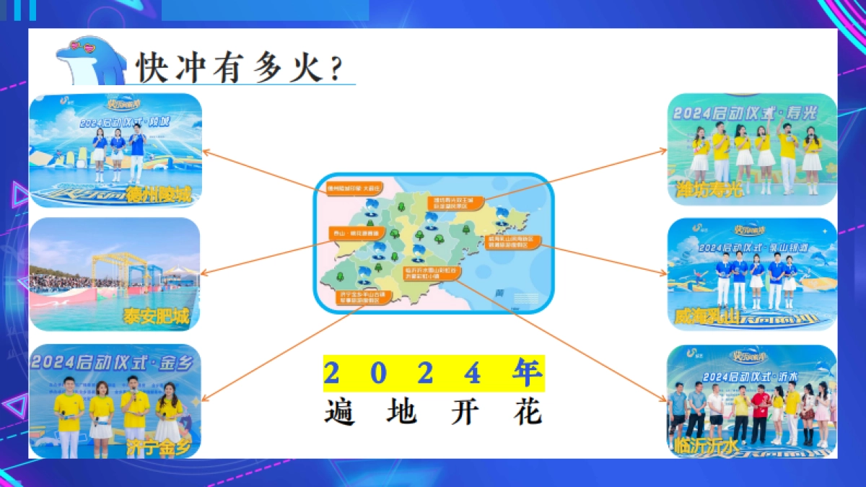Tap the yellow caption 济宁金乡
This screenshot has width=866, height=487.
(x=159, y=445)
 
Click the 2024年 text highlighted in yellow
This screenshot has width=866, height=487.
(x=433, y=373)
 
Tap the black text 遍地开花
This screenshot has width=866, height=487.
(x=433, y=413)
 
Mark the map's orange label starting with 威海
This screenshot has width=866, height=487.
(x=514, y=242)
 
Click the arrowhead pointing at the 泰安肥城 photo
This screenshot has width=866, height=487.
(x=204, y=273)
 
